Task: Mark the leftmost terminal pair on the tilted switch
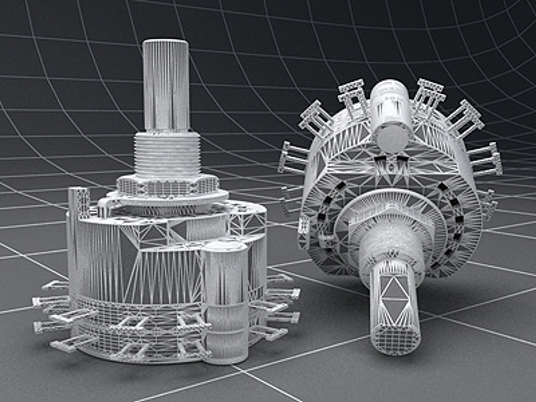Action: click(294, 156)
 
